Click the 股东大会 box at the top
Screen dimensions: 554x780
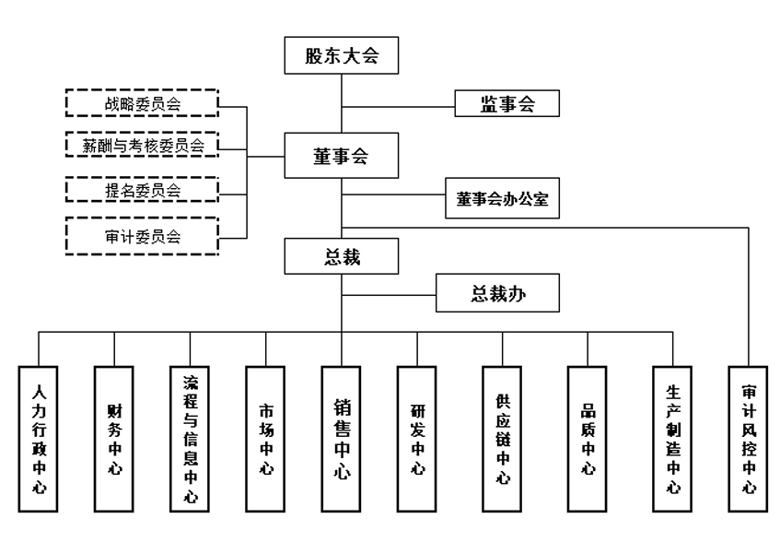pyautogui.click(x=341, y=56)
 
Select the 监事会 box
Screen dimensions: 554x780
pyautogui.click(x=507, y=103)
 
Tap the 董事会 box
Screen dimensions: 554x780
pyautogui.click(x=341, y=157)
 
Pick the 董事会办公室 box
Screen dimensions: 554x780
pyautogui.click(x=502, y=199)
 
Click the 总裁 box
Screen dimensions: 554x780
pyautogui.click(x=341, y=255)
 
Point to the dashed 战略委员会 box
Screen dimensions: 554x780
pyautogui.click(x=142, y=103)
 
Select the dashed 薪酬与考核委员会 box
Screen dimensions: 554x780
pyautogui.click(x=142, y=146)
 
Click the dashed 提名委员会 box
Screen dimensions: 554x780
pyautogui.click(x=142, y=191)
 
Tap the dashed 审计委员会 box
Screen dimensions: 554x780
pyautogui.click(x=142, y=237)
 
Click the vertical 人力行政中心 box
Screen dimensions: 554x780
pyautogui.click(x=39, y=438)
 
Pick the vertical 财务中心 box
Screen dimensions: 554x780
pyautogui.click(x=114, y=438)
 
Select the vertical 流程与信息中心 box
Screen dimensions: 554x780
pyautogui.click(x=191, y=438)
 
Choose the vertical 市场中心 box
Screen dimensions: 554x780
pyautogui.click(x=266, y=438)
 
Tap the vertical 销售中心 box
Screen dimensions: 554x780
pyautogui.click(x=341, y=438)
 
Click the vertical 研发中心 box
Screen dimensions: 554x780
pyautogui.click(x=417, y=438)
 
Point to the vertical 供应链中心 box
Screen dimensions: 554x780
pyautogui.click(x=503, y=438)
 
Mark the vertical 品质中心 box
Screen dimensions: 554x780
pyautogui.click(x=588, y=438)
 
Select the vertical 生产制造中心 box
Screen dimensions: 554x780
pyautogui.click(x=672, y=438)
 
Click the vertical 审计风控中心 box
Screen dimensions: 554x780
pyautogui.click(x=749, y=438)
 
